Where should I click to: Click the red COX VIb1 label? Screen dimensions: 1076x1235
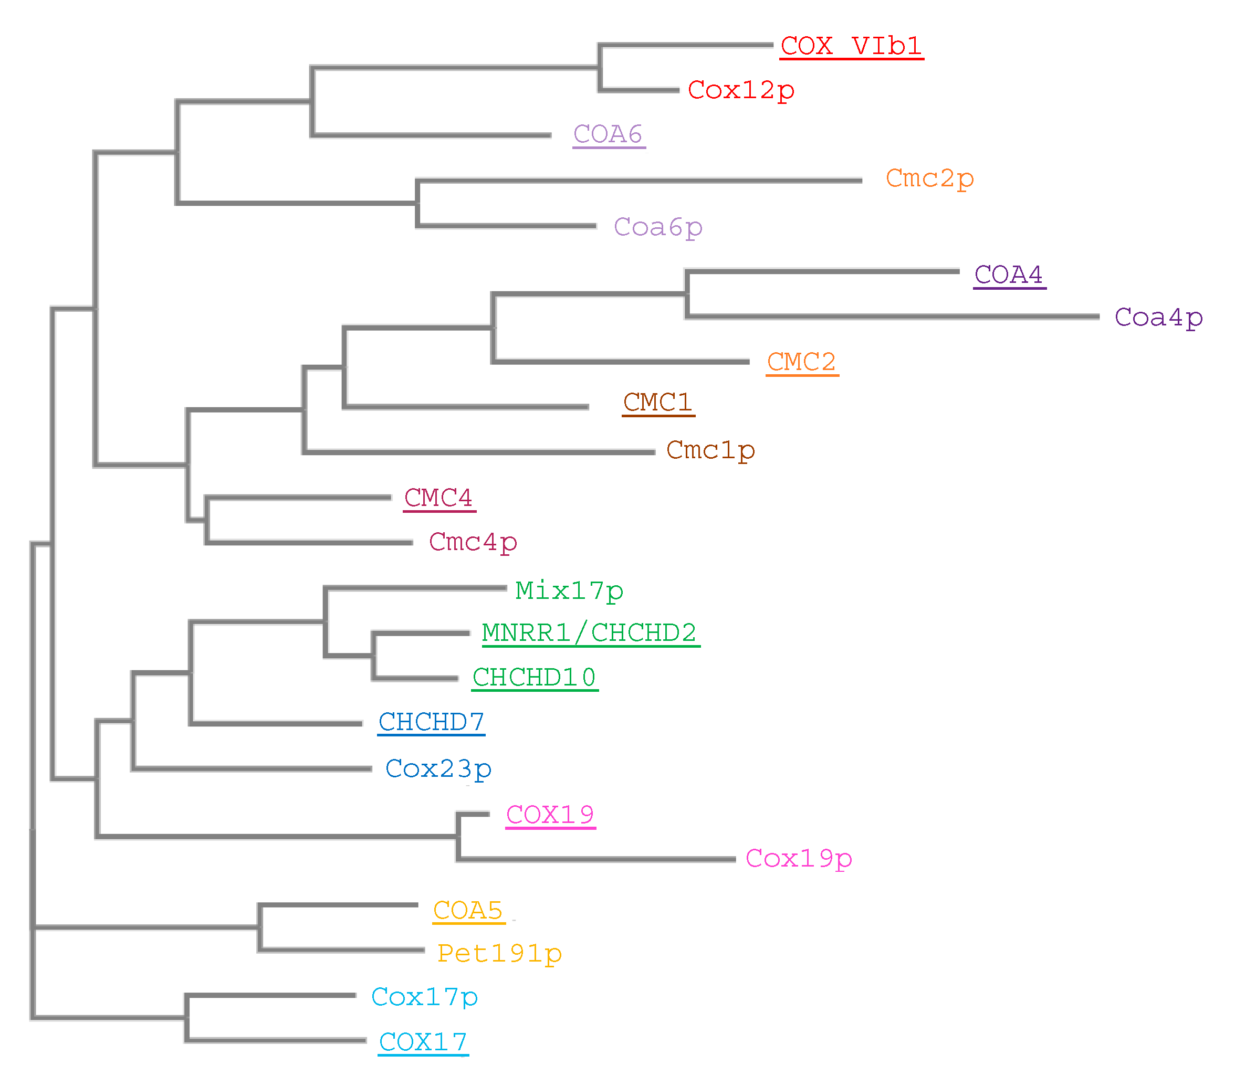(851, 46)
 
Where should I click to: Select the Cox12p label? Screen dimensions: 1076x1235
(741, 91)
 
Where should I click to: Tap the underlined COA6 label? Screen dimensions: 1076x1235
(609, 134)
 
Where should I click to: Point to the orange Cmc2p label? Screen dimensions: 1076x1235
(929, 179)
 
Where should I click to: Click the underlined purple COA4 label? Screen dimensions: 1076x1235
(1009, 275)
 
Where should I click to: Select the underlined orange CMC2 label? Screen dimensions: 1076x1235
(802, 362)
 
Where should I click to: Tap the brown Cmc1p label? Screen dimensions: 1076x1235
(710, 450)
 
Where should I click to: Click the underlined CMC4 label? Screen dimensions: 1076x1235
(438, 498)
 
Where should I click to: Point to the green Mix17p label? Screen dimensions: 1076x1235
(569, 591)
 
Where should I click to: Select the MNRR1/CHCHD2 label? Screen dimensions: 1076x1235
(590, 633)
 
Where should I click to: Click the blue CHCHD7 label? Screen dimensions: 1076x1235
(431, 722)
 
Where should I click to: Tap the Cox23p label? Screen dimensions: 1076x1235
(438, 769)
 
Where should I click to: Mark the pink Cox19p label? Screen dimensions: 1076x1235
(798, 859)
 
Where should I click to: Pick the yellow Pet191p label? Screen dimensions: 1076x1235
(499, 954)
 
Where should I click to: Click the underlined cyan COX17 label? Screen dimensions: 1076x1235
(423, 1042)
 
